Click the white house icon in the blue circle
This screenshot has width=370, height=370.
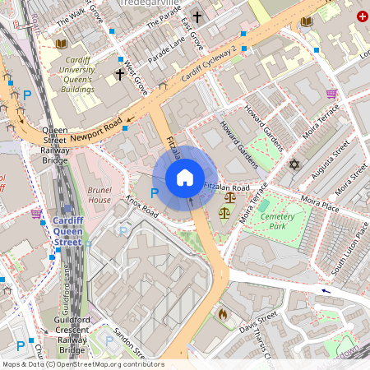[x=185, y=178]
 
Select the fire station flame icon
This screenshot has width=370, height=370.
[x=222, y=313]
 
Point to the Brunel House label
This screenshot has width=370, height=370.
[x=99, y=195]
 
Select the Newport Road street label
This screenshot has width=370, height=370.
[x=96, y=130]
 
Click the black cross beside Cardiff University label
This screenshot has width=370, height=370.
[x=119, y=75]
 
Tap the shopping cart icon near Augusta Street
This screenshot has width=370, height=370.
[x=331, y=95]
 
